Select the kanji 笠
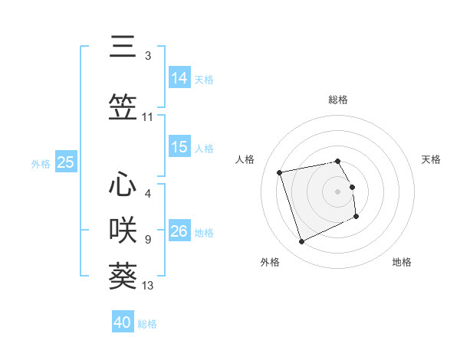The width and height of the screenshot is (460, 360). click(123, 106)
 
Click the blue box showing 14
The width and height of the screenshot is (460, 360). click(179, 77)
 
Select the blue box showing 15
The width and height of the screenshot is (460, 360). click(179, 147)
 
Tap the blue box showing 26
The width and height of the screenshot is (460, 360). click(179, 231)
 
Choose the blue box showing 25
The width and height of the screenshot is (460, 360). click(66, 162)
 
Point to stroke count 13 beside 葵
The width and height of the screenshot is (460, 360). click(148, 286)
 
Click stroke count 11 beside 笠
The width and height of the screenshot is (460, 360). click(148, 117)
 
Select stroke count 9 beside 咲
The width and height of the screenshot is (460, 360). click(148, 240)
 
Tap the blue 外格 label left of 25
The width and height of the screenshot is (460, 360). click(41, 163)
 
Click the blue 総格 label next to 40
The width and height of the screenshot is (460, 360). click(147, 324)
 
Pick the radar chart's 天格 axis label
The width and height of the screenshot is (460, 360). click(432, 159)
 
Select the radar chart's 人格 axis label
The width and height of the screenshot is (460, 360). click(245, 159)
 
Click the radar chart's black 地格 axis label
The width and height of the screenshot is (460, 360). click(402, 262)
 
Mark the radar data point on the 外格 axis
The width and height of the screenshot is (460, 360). click(301, 242)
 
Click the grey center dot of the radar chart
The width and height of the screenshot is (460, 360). click(338, 191)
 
